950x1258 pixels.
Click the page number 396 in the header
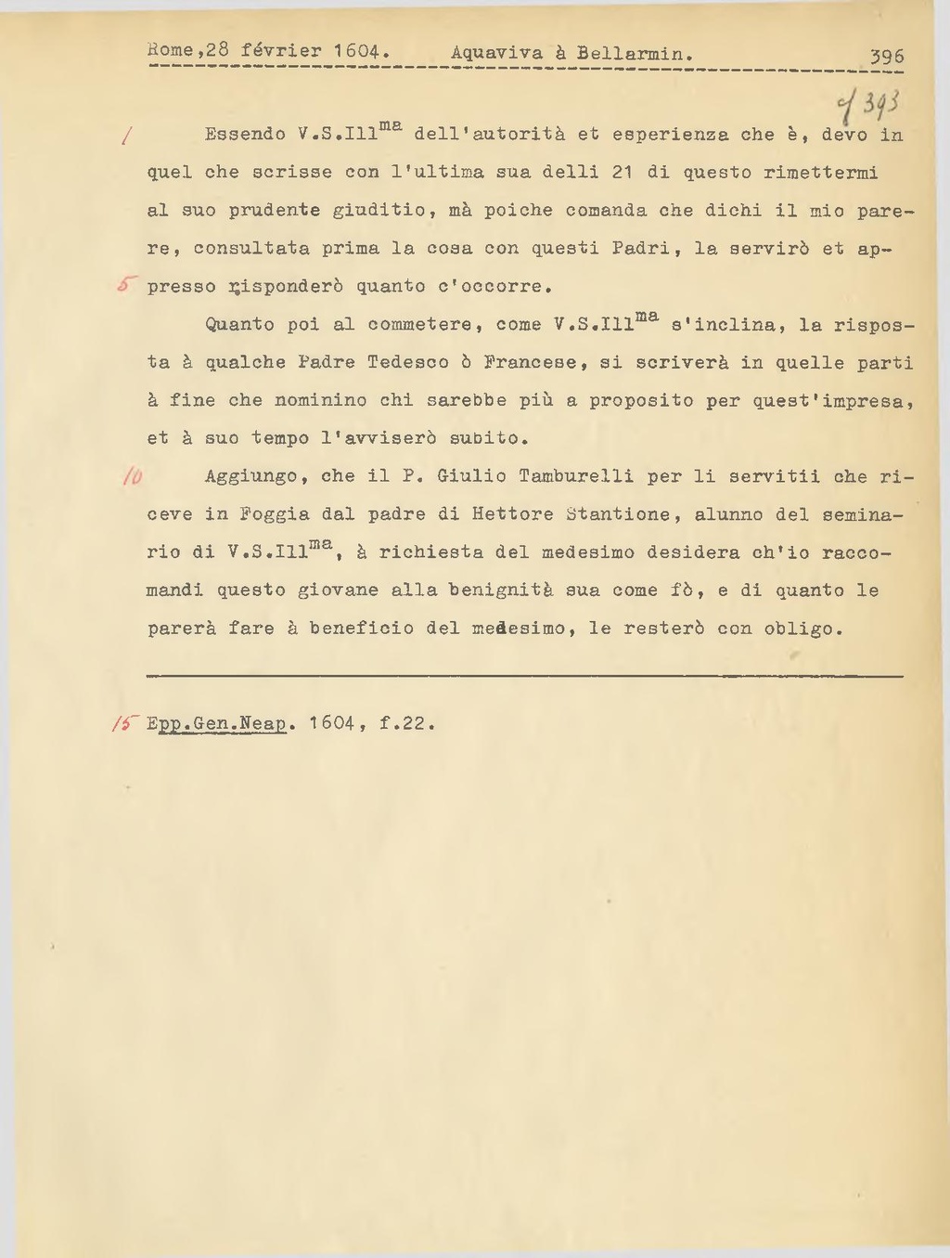(x=887, y=57)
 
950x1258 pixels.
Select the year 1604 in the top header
(x=358, y=51)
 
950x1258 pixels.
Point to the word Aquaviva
(x=496, y=53)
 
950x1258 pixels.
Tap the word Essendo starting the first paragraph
(x=245, y=135)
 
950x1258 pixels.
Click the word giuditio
(x=379, y=211)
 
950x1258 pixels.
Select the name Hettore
(x=512, y=514)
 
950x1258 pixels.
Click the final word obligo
(x=802, y=629)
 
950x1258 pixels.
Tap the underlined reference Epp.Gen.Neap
(x=216, y=722)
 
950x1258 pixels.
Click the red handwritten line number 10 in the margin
(x=132, y=476)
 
